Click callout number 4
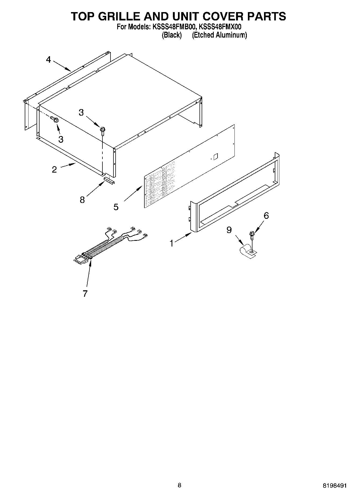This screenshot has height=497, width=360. (48, 59)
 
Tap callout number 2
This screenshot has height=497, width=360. (54, 170)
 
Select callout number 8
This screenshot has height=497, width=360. (82, 200)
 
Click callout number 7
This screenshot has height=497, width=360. (85, 294)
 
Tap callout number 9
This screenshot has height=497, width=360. (229, 230)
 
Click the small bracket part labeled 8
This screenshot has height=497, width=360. (109, 180)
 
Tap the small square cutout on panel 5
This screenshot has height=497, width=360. (215, 156)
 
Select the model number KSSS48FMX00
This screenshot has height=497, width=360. (220, 27)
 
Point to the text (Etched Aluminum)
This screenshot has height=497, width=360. (219, 35)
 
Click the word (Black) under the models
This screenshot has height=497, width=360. (172, 35)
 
